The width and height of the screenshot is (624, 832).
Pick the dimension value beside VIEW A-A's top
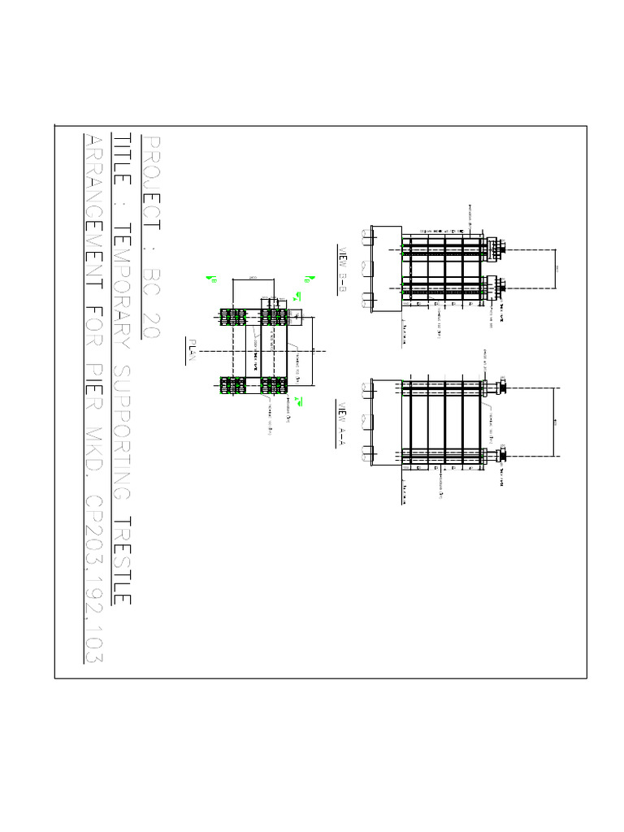pyautogui.click(x=556, y=422)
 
